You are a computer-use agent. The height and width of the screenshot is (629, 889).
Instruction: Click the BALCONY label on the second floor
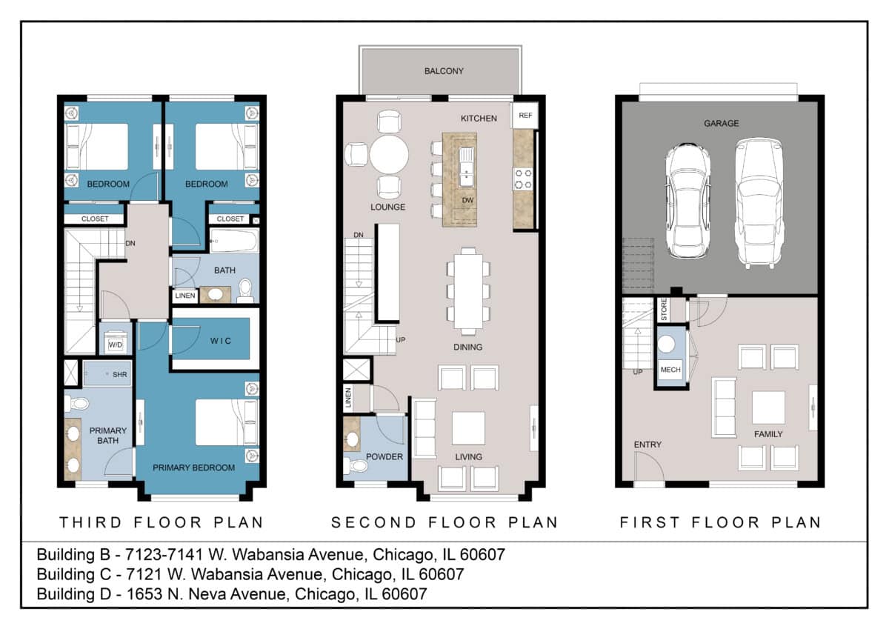tap(444, 71)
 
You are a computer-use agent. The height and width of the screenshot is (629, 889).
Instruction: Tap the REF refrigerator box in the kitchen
tap(525, 116)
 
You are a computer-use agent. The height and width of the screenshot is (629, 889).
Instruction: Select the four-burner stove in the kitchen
tap(523, 179)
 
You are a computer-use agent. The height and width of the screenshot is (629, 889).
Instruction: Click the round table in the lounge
tap(389, 155)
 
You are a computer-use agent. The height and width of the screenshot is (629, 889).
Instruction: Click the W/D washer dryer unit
tap(116, 344)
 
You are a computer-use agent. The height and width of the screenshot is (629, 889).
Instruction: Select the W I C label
tap(220, 341)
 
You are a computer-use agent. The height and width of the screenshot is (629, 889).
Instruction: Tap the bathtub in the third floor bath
tap(233, 242)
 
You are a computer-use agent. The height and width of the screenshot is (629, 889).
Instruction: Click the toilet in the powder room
tap(358, 467)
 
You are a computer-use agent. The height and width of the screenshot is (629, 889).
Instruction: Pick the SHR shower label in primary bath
tap(120, 375)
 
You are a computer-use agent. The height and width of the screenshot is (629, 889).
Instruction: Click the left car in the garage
tap(687, 200)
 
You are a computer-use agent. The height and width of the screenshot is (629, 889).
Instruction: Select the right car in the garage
tap(759, 202)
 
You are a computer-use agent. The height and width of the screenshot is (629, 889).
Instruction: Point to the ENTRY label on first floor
tap(647, 445)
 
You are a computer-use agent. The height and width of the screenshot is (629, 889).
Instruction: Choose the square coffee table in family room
tap(768, 407)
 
